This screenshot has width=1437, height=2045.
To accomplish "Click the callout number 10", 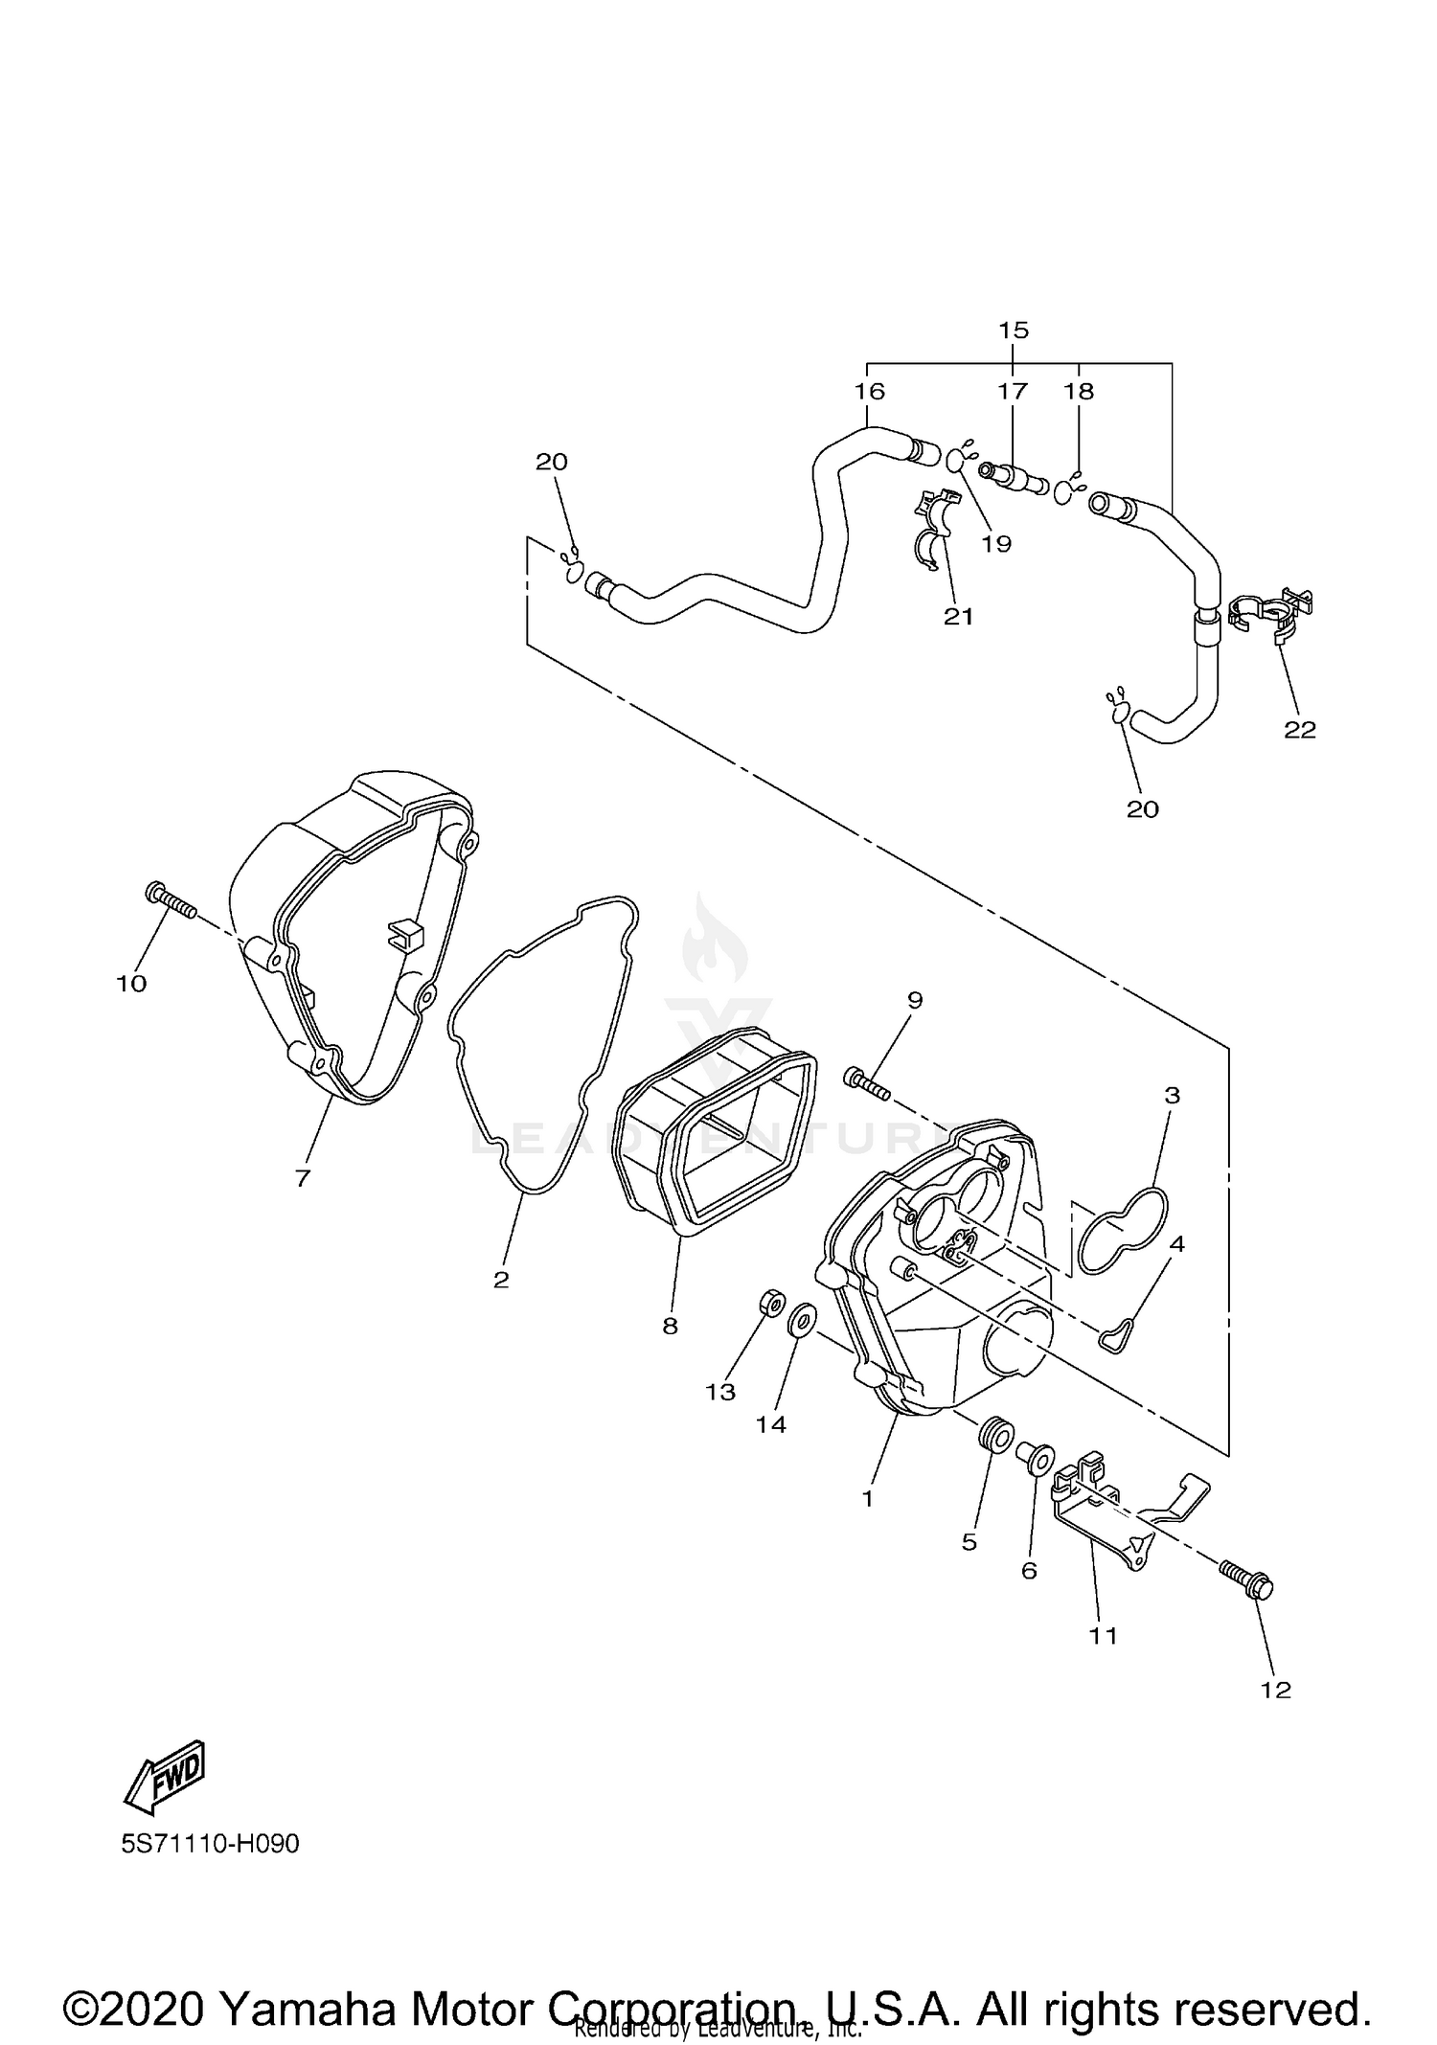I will pos(131,984).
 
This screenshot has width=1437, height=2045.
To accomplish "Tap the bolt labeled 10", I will pos(170,901).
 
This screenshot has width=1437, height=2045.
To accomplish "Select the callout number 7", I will pos(303,1179).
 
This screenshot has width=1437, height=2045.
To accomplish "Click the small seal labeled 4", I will pos(1117,1335).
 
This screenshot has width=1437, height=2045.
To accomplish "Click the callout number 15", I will pos(1013,330).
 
